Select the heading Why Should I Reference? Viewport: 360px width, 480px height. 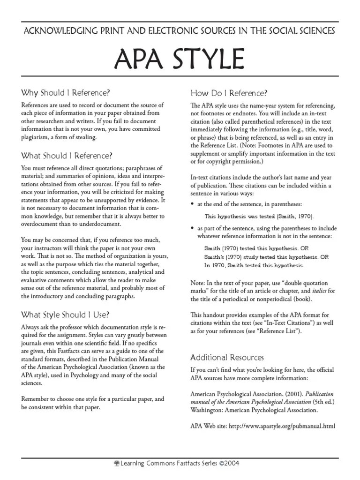[66, 92]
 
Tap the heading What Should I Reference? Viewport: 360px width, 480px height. [67, 155]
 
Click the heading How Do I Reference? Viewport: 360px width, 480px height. [229, 92]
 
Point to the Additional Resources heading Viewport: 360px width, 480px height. [227, 357]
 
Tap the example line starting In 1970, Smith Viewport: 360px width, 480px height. [254, 265]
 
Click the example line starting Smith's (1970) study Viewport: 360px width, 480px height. [266, 257]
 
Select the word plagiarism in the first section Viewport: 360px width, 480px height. [37, 137]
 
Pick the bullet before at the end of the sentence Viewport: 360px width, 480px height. [193, 205]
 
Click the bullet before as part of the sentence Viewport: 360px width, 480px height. [193, 227]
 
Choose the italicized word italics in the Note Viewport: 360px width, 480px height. [318, 291]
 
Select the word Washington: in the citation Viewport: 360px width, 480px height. [207, 410]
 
